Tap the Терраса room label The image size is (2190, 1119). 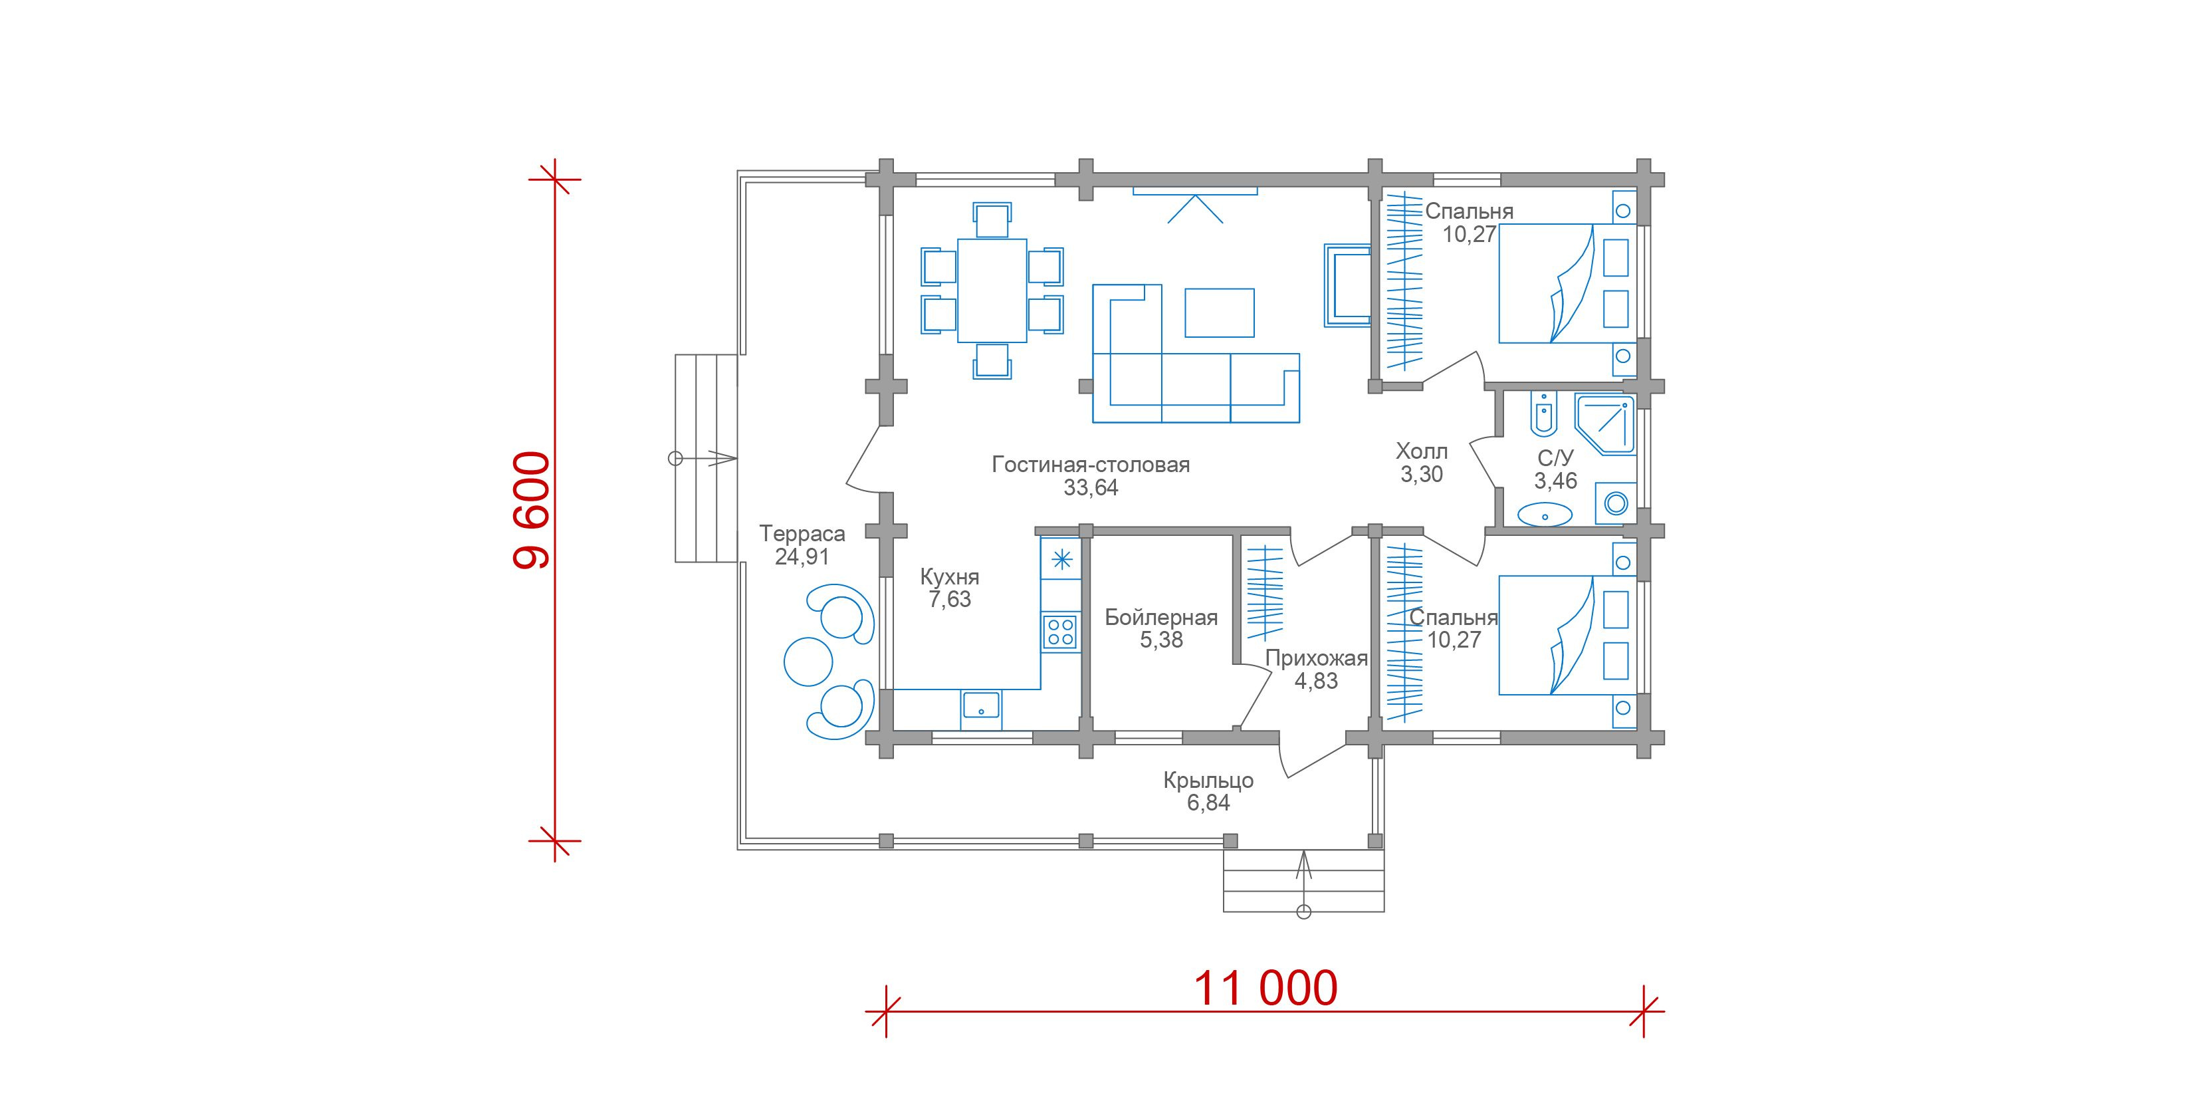click(x=802, y=534)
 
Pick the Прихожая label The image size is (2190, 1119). click(x=1316, y=659)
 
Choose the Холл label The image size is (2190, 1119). click(x=1422, y=451)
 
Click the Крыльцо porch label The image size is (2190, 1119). click(x=1208, y=781)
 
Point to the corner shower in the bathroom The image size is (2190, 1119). click(x=1605, y=424)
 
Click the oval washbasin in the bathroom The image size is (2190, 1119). click(x=1545, y=513)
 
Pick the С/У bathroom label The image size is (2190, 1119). click(x=1555, y=458)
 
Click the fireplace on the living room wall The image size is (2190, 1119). click(x=1347, y=285)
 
